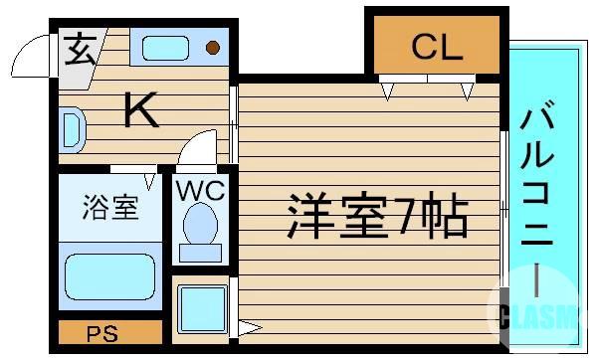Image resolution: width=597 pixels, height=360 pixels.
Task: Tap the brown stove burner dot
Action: (212, 46)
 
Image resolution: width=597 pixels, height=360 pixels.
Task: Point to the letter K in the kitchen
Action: (142, 110)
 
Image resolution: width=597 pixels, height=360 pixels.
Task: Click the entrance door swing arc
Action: (32, 50)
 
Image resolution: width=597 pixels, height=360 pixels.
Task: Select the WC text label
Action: (202, 188)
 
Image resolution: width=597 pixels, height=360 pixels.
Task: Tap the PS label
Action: (101, 333)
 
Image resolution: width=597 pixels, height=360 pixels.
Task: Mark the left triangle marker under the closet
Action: (389, 92)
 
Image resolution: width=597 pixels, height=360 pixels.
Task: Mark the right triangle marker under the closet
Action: (467, 92)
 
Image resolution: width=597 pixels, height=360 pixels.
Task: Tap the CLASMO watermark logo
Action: (542, 314)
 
